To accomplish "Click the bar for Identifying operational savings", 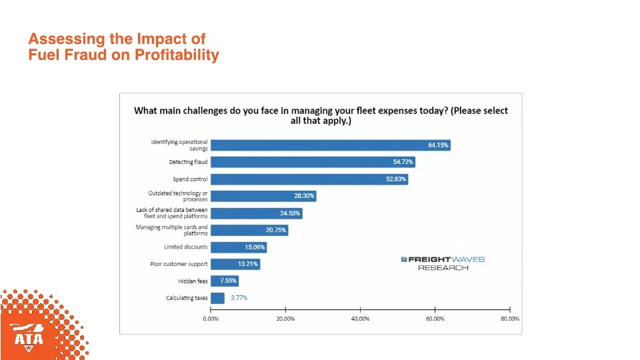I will [x=330, y=145].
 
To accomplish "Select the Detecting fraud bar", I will [x=313, y=162].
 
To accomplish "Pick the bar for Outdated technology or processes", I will [x=263, y=196].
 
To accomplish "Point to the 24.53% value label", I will [x=291, y=213].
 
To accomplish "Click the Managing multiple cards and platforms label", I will [x=172, y=231].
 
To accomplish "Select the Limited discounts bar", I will [x=238, y=247].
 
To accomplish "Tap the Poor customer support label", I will [x=179, y=265].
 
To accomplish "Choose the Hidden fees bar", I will [x=224, y=281].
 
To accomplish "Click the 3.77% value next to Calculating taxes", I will [x=239, y=298].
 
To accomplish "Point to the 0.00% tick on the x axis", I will [x=211, y=319].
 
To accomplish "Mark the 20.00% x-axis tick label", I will [x=285, y=319].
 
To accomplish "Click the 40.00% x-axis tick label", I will [x=360, y=319].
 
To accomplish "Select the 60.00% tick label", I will [x=435, y=319].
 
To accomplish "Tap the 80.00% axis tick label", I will [x=509, y=319].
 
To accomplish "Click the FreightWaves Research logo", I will [x=443, y=263].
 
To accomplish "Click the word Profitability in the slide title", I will [x=177, y=55].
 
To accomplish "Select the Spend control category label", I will [x=190, y=179].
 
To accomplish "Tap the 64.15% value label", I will [x=438, y=145].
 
